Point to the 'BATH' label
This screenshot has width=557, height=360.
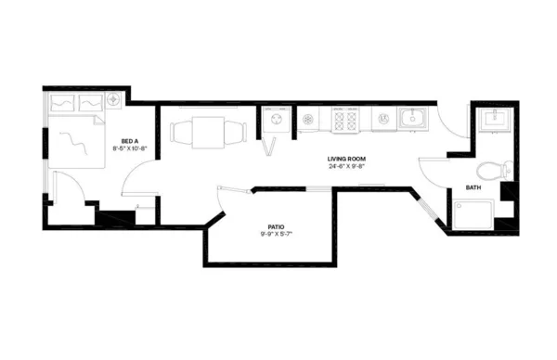473,188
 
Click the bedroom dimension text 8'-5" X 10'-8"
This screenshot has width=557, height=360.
129,148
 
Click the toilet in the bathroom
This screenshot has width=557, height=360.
494,171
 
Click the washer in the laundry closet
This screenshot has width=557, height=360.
276,120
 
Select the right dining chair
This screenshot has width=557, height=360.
240,132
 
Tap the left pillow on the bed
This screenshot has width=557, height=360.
62,102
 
